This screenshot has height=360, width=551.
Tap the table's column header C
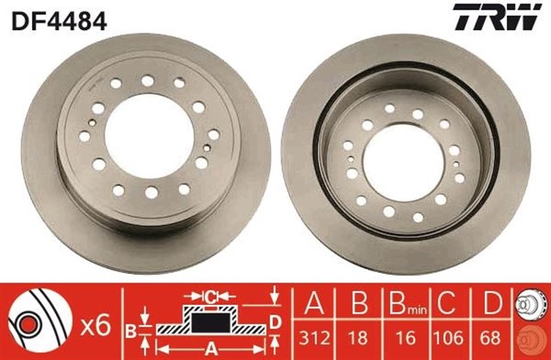448,304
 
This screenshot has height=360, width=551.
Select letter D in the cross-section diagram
275,324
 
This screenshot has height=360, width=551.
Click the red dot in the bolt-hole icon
29,325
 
